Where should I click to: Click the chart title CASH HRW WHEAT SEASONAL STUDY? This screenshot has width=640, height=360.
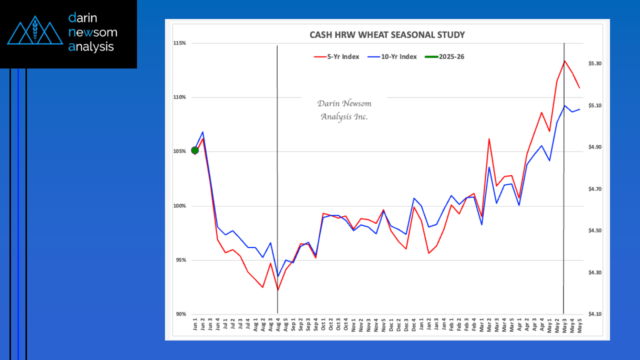pyautogui.click(x=387, y=35)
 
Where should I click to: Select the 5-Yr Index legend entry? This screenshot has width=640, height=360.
pyautogui.click(x=336, y=56)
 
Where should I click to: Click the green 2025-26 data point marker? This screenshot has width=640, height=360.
pyautogui.click(x=195, y=150)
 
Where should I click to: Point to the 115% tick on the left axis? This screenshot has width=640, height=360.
pyautogui.click(x=179, y=43)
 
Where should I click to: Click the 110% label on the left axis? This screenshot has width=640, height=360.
pyautogui.click(x=179, y=97)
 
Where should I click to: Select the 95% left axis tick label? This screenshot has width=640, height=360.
pyautogui.click(x=180, y=260)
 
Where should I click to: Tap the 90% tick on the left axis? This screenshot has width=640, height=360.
pyautogui.click(x=180, y=314)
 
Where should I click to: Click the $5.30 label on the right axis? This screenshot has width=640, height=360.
pyautogui.click(x=594, y=64)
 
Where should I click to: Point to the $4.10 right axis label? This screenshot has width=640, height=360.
pyautogui.click(x=594, y=314)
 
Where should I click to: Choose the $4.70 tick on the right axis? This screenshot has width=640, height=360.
pyautogui.click(x=594, y=189)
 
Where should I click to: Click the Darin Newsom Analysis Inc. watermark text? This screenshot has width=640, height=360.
pyautogui.click(x=344, y=110)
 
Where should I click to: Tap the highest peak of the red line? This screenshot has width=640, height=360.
pyautogui.click(x=564, y=61)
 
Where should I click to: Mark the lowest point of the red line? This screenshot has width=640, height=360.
pyautogui.click(x=277, y=290)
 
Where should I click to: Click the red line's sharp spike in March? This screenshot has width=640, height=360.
pyautogui.click(x=489, y=138)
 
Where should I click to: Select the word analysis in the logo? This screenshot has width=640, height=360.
pyautogui.click(x=91, y=47)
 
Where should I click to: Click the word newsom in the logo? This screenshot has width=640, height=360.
pyautogui.click(x=92, y=32)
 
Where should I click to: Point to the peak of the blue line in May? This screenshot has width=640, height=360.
pyautogui.click(x=565, y=105)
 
